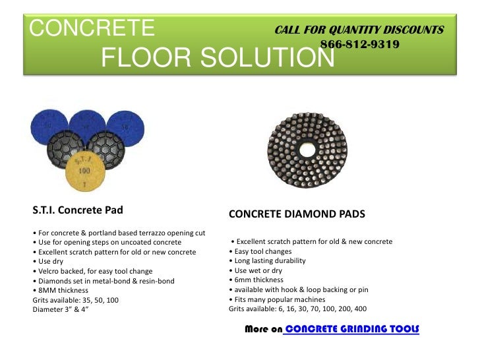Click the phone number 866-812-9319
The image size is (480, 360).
click(359, 45)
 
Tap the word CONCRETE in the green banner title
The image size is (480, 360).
click(92, 28)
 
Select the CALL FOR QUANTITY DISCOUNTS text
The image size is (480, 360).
click(359, 30)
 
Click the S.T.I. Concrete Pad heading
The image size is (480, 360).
click(78, 211)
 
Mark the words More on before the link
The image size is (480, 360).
click(262, 328)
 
